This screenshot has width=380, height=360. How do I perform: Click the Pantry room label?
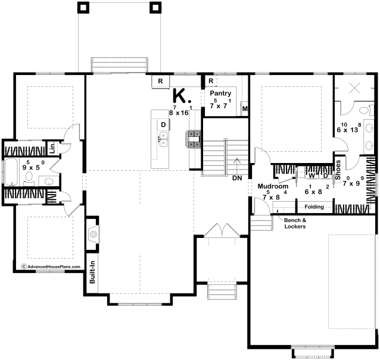pos(220,93)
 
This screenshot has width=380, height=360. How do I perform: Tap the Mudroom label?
pos(273,186)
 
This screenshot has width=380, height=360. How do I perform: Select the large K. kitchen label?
pos(182,96)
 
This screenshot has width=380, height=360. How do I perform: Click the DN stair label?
pos(237,178)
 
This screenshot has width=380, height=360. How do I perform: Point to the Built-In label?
pos(92,272)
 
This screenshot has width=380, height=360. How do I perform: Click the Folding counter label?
pos(314,206)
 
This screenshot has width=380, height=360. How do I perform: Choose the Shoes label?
pos(338,170)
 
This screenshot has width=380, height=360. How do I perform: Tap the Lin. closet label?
pos(52,148)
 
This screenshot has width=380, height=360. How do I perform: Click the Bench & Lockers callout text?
pos(295,223)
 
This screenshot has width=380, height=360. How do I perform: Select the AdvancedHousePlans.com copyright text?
pos(51,267)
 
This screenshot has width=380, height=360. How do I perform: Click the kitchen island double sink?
pos(164,139)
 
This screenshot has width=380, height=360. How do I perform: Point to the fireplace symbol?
pos(93,234)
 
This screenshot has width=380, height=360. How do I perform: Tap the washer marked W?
pos(312,176)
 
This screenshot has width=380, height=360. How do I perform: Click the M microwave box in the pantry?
pos(244,108)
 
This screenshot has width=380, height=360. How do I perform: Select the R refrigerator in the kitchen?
pos(160,81)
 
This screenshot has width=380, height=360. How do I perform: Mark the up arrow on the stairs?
pos(237,166)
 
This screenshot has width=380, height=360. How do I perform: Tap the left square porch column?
pos(83,8)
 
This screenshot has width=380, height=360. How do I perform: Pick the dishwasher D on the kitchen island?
pos(163,125)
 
